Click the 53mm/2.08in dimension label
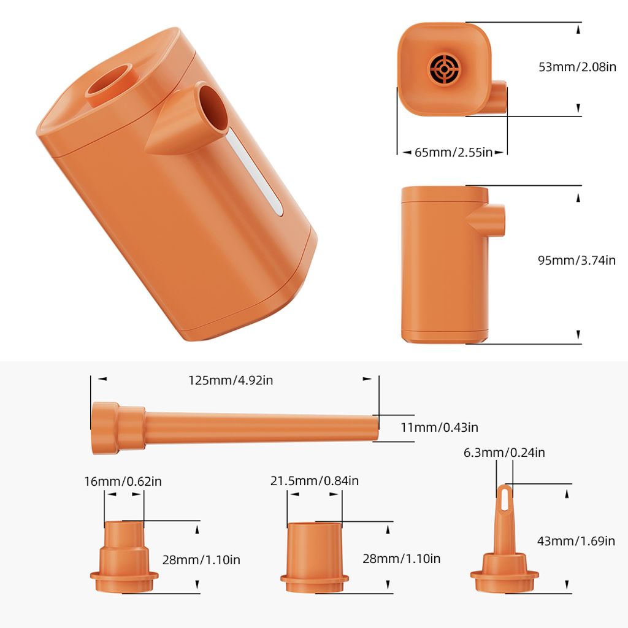[577, 66]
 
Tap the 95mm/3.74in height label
[576, 260]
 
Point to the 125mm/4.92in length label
[231, 380]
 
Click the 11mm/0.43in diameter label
[439, 427]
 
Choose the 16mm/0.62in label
[123, 481]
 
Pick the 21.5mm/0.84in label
[314, 481]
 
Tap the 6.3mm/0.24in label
[504, 453]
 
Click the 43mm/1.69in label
[576, 540]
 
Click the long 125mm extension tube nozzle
[258, 426]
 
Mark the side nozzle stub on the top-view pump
[499, 98]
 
